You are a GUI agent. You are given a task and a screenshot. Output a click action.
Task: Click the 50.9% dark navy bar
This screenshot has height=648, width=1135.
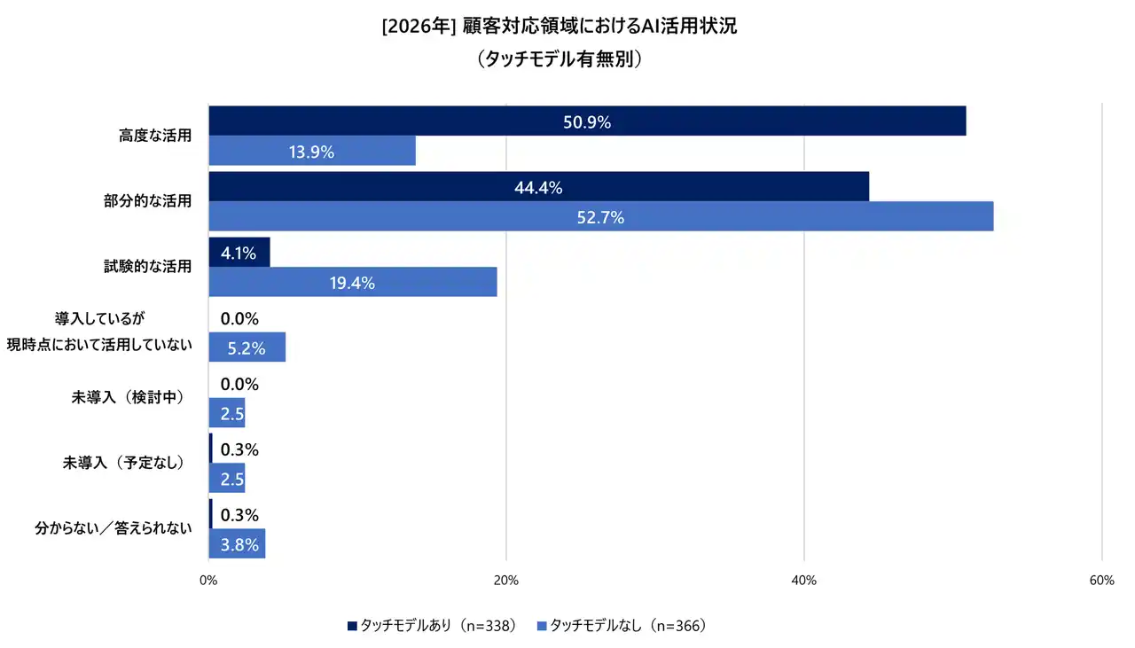coord(587,121)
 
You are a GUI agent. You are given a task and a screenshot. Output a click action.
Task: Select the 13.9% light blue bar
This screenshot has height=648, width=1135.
coord(312,152)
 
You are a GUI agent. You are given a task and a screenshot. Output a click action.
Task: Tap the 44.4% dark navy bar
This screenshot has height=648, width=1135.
coord(538,187)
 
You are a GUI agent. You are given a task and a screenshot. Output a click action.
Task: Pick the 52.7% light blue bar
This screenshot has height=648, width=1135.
coord(600,216)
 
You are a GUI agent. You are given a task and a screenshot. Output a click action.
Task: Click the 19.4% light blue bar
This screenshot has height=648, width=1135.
coord(352,283)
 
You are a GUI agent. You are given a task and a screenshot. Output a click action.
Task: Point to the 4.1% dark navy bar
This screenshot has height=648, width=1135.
coord(239,253)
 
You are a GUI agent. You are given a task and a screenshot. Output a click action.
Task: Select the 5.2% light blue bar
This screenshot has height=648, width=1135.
coord(247,347)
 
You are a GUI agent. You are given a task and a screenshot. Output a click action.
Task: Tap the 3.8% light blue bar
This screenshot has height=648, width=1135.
coord(237,544)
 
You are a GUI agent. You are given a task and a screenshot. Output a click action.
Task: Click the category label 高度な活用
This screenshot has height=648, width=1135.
coord(155,136)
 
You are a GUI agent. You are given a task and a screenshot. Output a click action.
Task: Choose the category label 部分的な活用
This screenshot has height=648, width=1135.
coord(147,201)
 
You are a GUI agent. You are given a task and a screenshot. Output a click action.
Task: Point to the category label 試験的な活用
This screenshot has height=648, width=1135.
coord(147,266)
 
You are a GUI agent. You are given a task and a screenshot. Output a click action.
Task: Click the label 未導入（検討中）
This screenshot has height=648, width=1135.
coord(128,397)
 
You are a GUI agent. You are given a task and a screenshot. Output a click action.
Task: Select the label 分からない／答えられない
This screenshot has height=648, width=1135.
coord(113,529)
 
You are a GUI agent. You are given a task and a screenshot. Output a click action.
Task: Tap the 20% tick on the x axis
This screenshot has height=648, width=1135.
coord(505,581)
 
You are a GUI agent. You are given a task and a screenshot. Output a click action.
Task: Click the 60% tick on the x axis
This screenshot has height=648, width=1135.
coord(1101,581)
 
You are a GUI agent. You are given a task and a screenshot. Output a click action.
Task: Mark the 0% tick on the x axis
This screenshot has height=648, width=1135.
coord(208,581)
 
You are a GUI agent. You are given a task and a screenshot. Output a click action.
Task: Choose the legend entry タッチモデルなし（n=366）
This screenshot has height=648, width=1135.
coord(622,626)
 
